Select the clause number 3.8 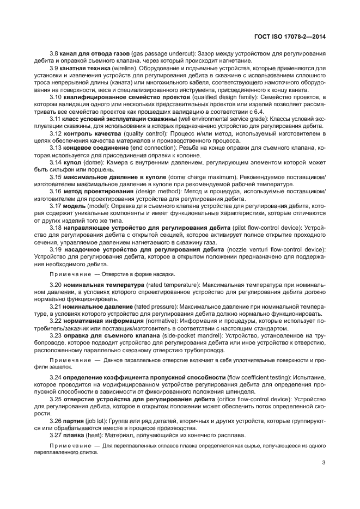pos(54,54)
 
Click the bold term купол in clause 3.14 pos(72,178)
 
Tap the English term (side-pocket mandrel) pos(182,336)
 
